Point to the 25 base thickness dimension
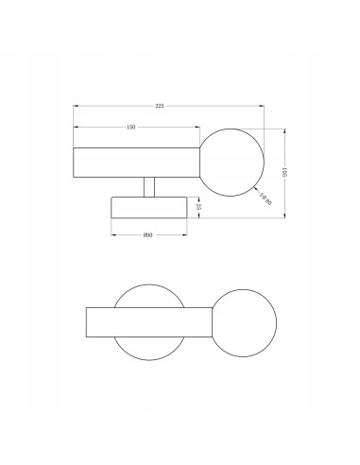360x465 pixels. pyautogui.click(x=199, y=206)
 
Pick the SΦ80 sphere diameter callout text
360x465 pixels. pyautogui.click(x=267, y=198)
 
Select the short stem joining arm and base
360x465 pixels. pyautogui.click(x=148, y=187)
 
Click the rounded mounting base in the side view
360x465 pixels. pyautogui.click(x=148, y=207)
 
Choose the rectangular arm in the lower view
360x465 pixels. pyautogui.click(x=151, y=322)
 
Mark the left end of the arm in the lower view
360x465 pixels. pyautogui.click(x=86, y=322)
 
